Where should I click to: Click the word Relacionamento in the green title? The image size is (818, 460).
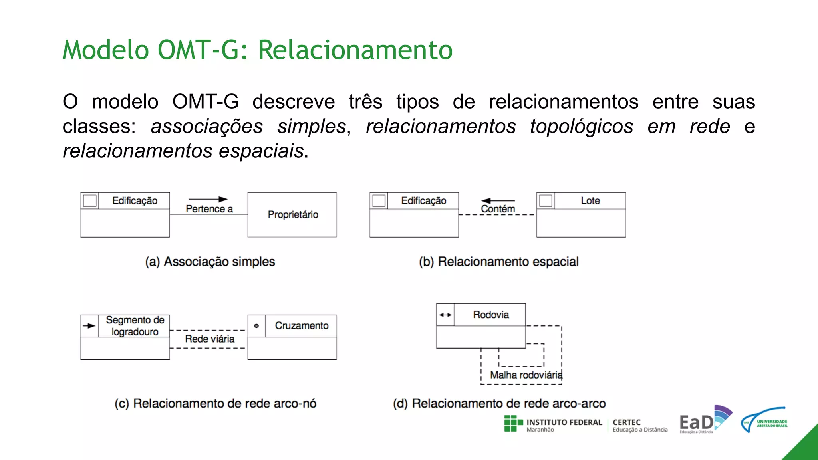tap(355, 50)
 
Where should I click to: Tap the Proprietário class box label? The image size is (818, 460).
tap(293, 215)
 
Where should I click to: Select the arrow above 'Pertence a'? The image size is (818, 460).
tap(208, 199)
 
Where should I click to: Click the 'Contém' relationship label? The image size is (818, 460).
tap(498, 209)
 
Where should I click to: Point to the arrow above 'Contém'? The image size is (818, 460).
tap(498, 200)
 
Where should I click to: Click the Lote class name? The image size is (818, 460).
tap(590, 201)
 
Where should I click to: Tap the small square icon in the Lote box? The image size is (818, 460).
tap(545, 200)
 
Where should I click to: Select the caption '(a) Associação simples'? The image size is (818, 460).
tap(210, 262)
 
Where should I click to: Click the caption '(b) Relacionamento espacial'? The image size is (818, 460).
tap(498, 262)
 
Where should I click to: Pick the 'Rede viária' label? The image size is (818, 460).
tap(210, 339)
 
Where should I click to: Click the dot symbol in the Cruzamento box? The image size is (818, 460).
tap(256, 326)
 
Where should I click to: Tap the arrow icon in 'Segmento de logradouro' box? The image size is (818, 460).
tap(89, 326)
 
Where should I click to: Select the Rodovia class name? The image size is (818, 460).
tap(491, 315)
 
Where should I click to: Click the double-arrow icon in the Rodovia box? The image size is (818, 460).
tap(445, 315)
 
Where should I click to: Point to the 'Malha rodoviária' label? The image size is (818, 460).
tap(526, 375)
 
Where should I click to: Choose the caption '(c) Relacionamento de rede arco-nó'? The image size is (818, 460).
tap(215, 404)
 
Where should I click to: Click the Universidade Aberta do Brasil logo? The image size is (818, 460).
tap(764, 420)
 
